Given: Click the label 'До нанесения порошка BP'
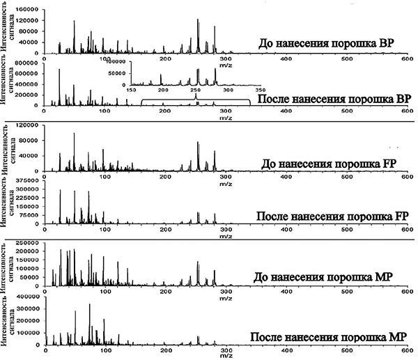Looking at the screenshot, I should tap(330, 42).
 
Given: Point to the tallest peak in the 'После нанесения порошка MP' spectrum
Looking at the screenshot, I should tap(89, 305).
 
